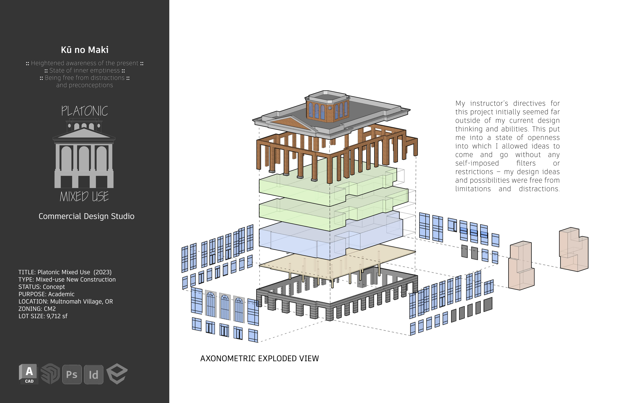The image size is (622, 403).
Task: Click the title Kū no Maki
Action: tap(84, 50)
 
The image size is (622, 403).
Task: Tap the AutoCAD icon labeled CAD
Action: tap(29, 374)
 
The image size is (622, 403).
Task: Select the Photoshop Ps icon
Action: tap(72, 374)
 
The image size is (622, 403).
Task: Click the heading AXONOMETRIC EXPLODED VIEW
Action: tap(259, 358)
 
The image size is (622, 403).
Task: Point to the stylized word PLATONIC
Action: tap(84, 111)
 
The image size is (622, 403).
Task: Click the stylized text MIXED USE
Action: tap(84, 197)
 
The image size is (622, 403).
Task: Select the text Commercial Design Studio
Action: tap(86, 216)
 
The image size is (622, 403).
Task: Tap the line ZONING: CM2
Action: tap(37, 309)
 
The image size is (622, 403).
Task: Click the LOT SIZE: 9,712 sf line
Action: tap(43, 316)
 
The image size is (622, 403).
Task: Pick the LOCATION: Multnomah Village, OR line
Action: tap(66, 301)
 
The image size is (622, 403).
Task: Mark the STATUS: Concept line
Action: tap(42, 287)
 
